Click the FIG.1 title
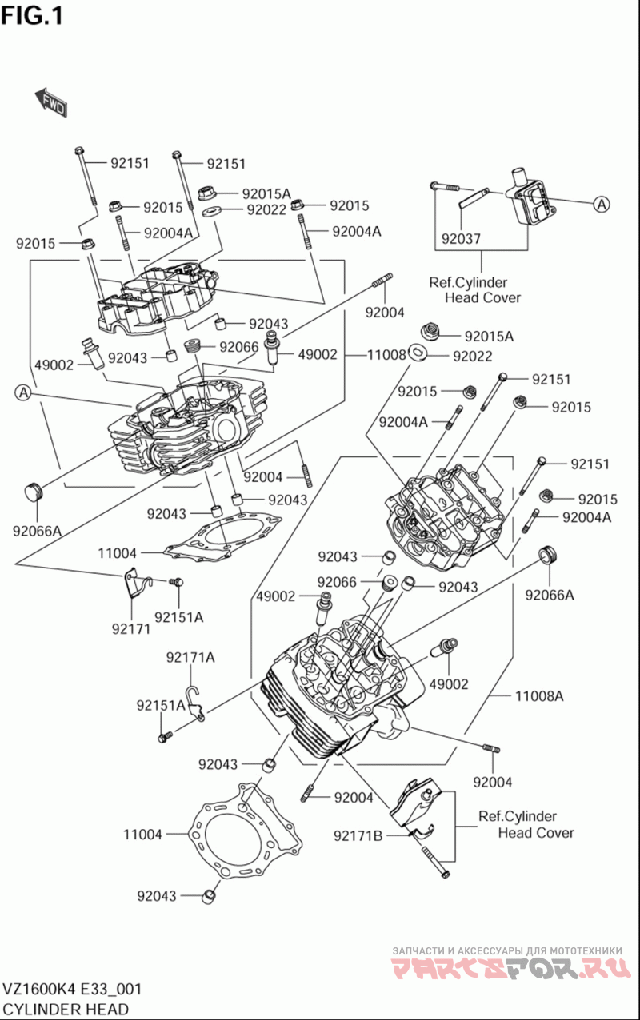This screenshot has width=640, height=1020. [32, 17]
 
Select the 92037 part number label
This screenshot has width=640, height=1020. [461, 238]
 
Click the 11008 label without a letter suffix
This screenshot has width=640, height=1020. [386, 355]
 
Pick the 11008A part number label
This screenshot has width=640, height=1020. [539, 696]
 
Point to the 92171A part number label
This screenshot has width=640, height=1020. [190, 658]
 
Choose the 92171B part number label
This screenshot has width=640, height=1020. [358, 835]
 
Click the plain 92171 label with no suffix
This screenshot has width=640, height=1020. [131, 629]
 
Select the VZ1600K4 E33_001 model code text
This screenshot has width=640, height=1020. [72, 990]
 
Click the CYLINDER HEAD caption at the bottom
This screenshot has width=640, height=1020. [66, 1009]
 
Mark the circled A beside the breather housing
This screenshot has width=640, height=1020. [602, 205]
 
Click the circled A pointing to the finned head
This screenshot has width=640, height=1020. [23, 392]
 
